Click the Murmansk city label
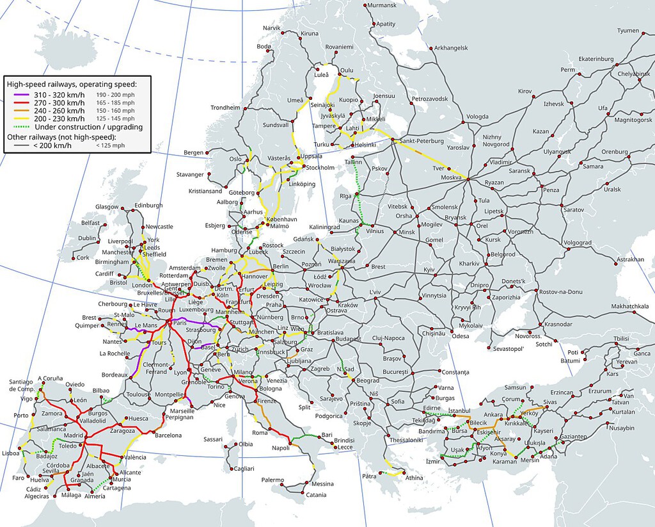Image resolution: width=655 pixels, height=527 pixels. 383,6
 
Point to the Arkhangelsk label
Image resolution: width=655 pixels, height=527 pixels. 451,48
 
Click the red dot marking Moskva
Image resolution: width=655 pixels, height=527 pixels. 468,179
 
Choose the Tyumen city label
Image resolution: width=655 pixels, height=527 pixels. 628,31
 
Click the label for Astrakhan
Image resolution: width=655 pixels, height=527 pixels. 631,259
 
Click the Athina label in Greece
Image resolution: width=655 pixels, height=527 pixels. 414,478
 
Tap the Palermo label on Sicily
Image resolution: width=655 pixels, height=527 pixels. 272,480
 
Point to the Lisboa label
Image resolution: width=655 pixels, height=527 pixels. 10,452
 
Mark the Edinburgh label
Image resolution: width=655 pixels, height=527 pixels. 145,206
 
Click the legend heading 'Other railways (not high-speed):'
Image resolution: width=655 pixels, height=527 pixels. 61,137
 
